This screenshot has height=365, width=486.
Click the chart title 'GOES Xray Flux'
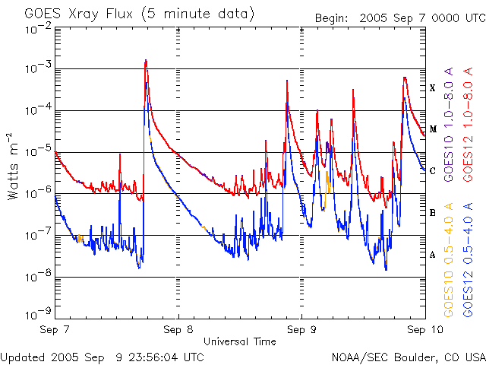79,14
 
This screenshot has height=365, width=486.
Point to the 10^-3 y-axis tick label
39,68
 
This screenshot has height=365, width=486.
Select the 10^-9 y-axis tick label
39,313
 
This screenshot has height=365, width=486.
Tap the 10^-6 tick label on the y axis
39,192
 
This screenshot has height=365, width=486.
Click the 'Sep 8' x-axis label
178,329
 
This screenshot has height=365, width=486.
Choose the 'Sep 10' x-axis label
425,329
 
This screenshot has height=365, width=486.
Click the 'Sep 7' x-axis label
55,329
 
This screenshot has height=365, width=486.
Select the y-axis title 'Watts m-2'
12,167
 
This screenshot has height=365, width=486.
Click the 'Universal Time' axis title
240,341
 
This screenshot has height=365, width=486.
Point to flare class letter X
432,88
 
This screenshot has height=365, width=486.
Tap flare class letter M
433,129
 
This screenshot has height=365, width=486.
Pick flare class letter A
432,255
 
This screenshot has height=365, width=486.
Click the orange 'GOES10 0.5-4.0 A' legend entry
449,259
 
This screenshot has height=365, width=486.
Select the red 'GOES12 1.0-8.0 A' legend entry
468,124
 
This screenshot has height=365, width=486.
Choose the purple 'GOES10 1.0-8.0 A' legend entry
449,124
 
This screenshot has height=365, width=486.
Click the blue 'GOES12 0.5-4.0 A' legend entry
468,259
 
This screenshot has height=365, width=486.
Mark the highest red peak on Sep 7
146,60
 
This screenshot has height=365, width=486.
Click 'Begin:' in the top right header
331,18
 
